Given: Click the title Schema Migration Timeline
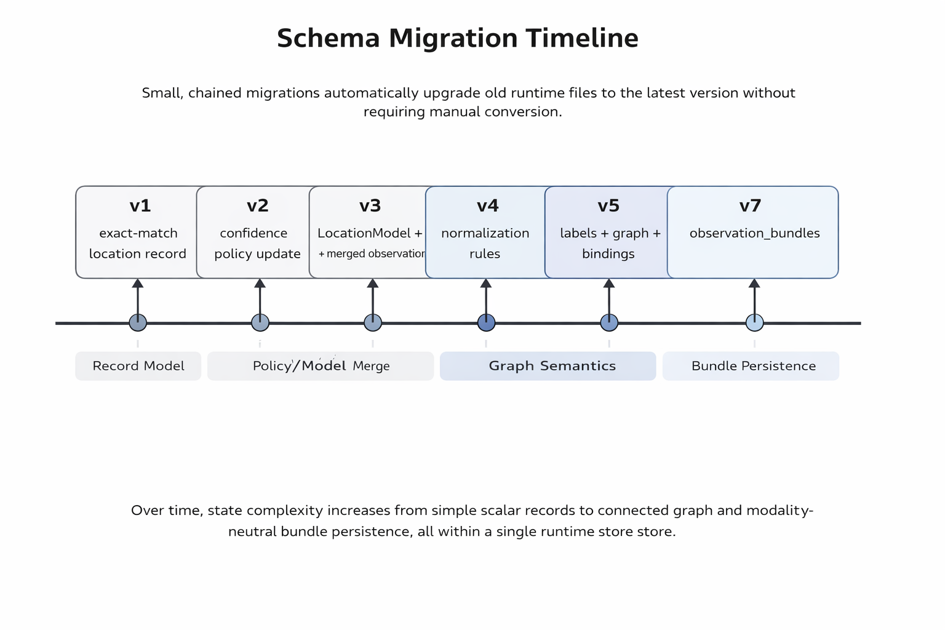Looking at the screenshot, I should (457, 38).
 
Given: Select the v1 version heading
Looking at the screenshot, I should (140, 205).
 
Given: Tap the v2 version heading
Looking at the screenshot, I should (258, 205).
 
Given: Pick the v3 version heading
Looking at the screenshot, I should (370, 205).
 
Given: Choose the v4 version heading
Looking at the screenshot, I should (488, 205).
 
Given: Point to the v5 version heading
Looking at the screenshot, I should (608, 205).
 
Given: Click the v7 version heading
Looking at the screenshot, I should (751, 205).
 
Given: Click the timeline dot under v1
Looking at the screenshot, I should (138, 322).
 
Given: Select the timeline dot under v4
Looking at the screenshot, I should (486, 322).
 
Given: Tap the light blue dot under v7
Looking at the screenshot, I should (754, 322).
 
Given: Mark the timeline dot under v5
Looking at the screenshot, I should (609, 322).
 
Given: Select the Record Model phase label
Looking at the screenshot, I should (138, 366).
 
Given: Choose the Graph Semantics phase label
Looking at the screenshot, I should (552, 366).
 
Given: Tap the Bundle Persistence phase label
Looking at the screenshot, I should (754, 366).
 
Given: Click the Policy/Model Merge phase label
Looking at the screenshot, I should (321, 366).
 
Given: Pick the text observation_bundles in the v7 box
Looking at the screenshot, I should (754, 233).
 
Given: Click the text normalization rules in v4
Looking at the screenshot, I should (485, 243).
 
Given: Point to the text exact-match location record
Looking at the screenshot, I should (138, 243).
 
